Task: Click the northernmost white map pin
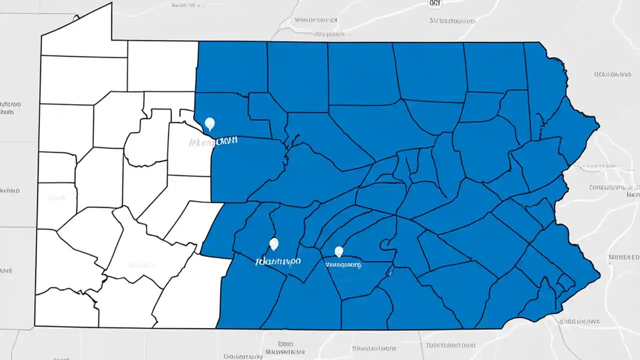coord(210,123)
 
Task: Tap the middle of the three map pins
coord(273,243)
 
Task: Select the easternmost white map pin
coord(339,251)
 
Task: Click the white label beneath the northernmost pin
coord(213,142)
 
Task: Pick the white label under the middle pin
coord(278,261)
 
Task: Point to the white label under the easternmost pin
coord(343,264)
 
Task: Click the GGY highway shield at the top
coord(435,3)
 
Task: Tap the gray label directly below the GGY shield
coord(451,21)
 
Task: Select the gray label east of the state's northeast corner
coord(611,74)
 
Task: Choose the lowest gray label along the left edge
coord(6,270)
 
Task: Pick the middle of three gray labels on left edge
coord(10,190)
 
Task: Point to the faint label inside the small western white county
coord(56,198)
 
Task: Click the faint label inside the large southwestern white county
coord(141,264)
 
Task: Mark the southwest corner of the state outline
coord(34,325)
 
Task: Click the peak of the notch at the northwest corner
coord(111,3)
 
